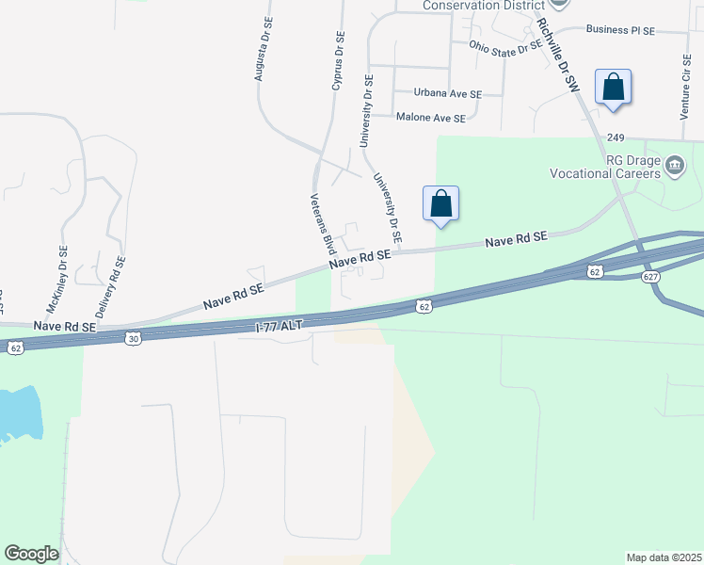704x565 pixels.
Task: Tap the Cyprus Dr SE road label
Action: [338, 61]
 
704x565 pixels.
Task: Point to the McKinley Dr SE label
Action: [56, 280]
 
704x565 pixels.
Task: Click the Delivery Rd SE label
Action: [109, 286]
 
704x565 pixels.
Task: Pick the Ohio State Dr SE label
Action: [506, 48]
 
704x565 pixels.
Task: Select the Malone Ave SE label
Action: [430, 118]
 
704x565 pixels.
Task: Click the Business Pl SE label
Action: [619, 30]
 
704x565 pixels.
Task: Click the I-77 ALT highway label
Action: [281, 326]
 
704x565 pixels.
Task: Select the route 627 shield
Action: [651, 277]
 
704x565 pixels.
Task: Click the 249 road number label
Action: [616, 137]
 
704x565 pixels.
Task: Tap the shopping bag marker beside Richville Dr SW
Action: [613, 87]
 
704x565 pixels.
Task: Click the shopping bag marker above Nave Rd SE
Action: [440, 203]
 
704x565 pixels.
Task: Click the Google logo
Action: [31, 554]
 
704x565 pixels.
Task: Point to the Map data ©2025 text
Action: [664, 557]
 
